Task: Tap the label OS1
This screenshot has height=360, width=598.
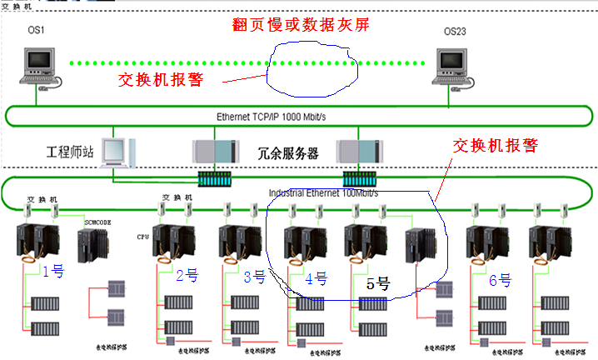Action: pos(34,31)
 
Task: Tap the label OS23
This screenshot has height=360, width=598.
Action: pos(455,32)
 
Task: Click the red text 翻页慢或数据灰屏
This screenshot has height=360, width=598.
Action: pos(301,24)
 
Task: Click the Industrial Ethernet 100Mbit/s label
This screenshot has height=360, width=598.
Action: pos(323,192)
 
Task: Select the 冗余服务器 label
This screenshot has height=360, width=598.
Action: pos(288,153)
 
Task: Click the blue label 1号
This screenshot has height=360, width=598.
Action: pos(53,271)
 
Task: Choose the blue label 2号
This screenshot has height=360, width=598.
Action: pos(187,275)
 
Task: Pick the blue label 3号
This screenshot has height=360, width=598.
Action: pos(254,277)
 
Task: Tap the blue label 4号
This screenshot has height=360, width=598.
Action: pos(316,278)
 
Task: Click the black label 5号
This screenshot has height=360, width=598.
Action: pos(378,282)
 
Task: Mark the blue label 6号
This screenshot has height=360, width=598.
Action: pos(500,280)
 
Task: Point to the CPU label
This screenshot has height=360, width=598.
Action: pos(142,236)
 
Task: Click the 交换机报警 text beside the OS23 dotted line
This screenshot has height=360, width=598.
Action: pos(162,80)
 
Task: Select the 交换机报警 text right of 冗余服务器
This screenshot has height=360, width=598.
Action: pos(495,145)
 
